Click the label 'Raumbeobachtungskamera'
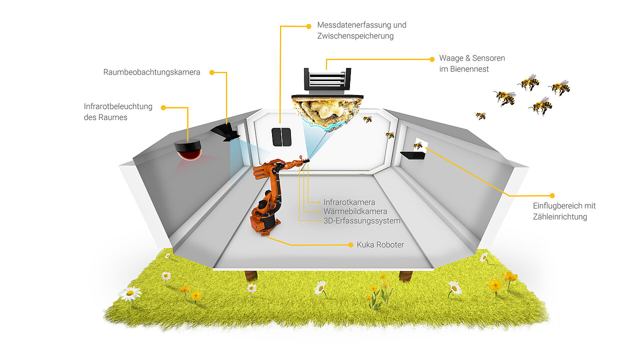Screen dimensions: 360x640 point(151,72)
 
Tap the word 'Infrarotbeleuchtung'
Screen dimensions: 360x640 point(118,106)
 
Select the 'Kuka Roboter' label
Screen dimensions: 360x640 point(380,245)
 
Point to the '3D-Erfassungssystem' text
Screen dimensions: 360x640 point(361,220)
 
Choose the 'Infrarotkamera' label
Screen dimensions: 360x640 point(349,202)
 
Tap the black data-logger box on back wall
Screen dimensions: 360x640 point(281,136)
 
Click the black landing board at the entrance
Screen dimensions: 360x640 point(412,155)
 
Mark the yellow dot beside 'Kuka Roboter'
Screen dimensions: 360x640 point(350,245)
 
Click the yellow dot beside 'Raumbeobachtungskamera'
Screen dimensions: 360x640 point(211,72)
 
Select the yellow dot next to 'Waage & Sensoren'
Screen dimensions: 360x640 point(432,59)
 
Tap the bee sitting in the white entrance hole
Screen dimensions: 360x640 point(418,145)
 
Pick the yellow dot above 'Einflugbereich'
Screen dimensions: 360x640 point(552,195)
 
